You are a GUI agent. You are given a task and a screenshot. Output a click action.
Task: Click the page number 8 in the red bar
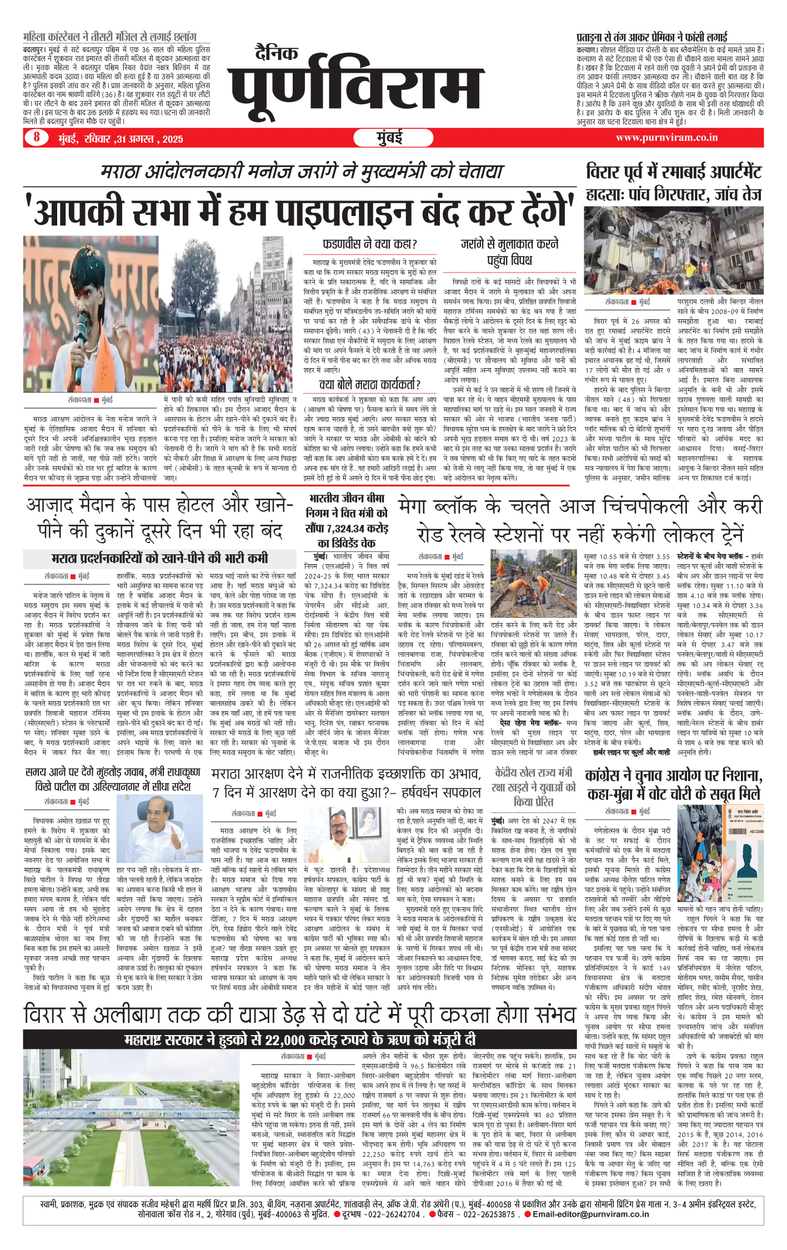(37, 137)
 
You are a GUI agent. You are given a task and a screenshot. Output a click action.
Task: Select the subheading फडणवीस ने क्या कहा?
(370, 244)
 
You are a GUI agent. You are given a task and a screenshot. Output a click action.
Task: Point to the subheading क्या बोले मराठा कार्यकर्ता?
(370, 384)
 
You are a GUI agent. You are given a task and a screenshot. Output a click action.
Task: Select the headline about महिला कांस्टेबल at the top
(110, 37)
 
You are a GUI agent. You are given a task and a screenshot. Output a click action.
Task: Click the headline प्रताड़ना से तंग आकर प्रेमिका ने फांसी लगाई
(651, 37)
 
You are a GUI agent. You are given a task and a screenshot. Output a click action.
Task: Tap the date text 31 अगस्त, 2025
(149, 139)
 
